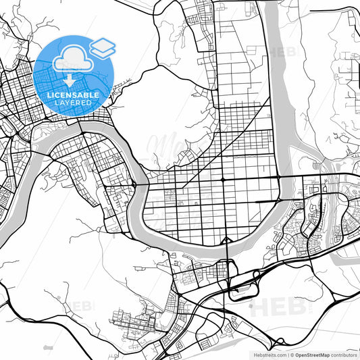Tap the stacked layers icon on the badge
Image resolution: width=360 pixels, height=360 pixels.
[x=103, y=47]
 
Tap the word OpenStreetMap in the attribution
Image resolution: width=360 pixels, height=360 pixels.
[x=313, y=354]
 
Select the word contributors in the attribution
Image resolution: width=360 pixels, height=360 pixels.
[x=343, y=354]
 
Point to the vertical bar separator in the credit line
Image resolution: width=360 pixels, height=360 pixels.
[x=287, y=354]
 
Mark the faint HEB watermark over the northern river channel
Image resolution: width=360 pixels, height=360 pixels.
[x=283, y=51]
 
